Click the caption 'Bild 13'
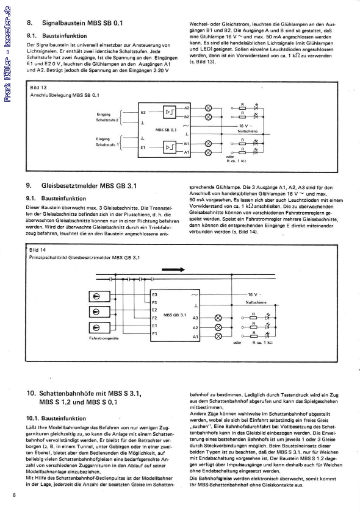(x=38, y=88)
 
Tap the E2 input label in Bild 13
(x=143, y=113)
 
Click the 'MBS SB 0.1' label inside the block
(x=167, y=129)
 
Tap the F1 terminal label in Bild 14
(x=155, y=333)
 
